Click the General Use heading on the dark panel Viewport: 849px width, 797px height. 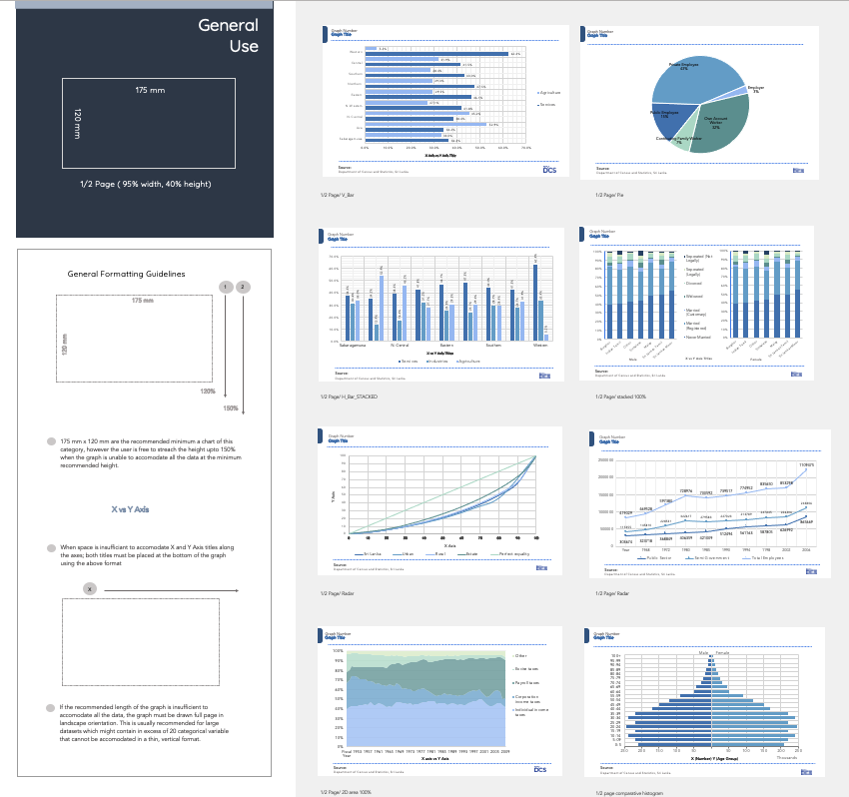click(x=228, y=35)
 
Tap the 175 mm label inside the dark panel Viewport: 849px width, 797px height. click(x=150, y=91)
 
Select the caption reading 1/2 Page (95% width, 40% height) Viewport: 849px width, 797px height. click(x=146, y=184)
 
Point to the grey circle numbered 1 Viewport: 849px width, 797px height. click(x=227, y=287)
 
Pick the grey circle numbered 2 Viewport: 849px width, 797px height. click(x=243, y=287)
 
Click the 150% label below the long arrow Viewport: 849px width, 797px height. click(x=230, y=408)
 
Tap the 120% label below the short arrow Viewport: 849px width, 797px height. click(x=209, y=391)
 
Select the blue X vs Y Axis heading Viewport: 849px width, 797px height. click(x=130, y=509)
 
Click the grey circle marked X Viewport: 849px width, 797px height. click(x=90, y=589)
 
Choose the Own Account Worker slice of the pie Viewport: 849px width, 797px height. click(x=716, y=123)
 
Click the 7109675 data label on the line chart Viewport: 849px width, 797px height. click(x=806, y=464)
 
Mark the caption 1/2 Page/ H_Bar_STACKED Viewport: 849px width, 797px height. click(x=349, y=397)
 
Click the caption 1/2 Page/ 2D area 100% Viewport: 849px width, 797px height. click(x=346, y=792)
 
